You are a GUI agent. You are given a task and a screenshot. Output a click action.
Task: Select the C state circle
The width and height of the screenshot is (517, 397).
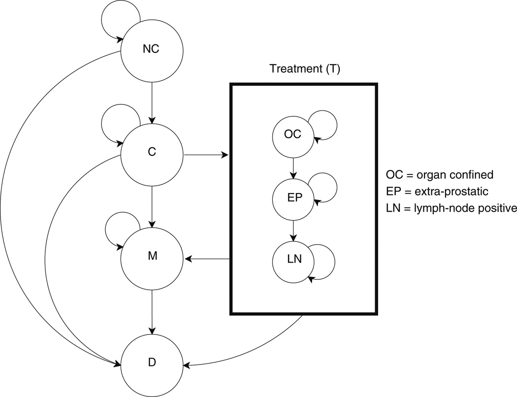click(152, 153)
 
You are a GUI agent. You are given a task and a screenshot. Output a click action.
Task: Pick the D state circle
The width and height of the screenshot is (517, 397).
click(152, 364)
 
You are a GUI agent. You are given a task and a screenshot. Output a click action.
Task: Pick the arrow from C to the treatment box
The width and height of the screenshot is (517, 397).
click(206, 155)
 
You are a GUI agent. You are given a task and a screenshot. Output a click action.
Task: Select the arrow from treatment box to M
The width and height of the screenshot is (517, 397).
click(207, 258)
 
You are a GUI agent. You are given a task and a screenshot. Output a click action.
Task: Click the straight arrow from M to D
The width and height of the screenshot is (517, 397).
click(152, 311)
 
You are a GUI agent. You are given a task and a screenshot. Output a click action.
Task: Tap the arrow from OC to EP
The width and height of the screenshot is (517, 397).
click(293, 167)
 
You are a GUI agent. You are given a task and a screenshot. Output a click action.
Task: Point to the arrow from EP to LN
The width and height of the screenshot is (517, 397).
click(293, 230)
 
